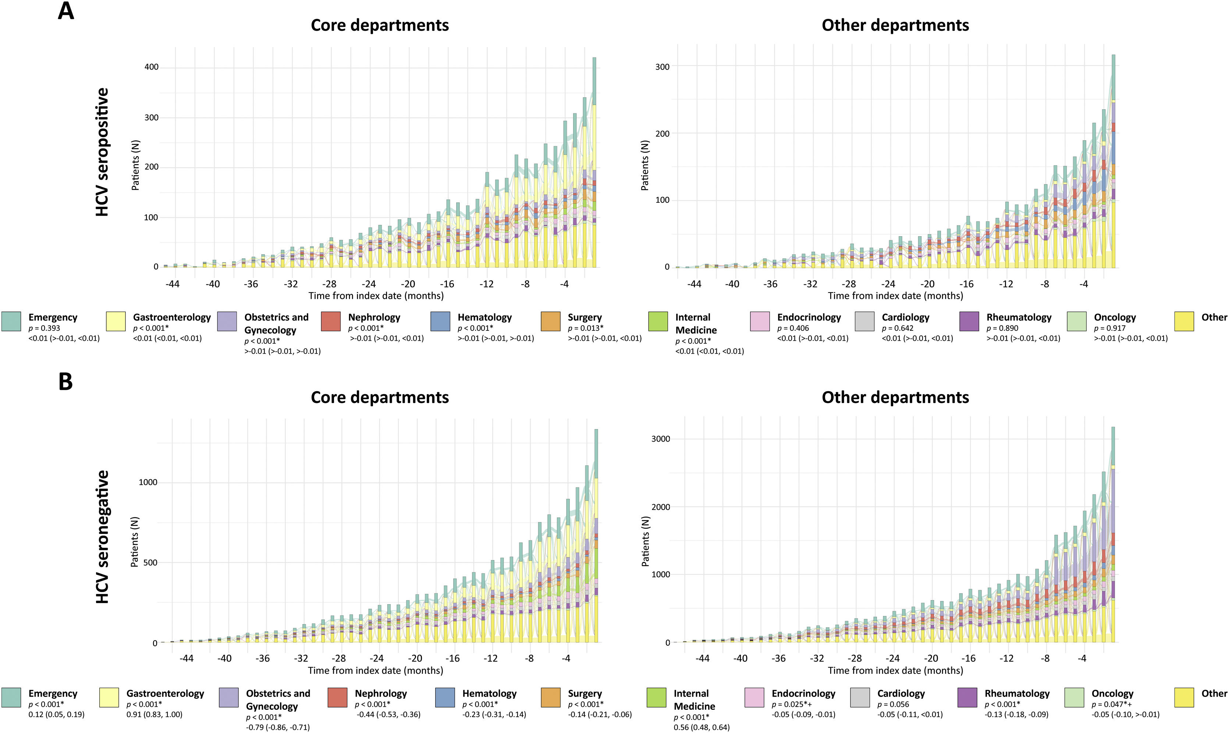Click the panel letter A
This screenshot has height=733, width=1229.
tap(66, 11)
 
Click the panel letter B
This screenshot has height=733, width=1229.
tap(66, 382)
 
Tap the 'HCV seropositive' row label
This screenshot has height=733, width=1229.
tap(102, 152)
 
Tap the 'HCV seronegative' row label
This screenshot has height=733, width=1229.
tap(102, 537)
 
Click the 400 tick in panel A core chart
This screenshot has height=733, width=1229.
tap(151, 67)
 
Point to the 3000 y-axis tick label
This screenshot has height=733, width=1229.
tap(661, 439)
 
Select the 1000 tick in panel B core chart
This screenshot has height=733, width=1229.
tap(148, 482)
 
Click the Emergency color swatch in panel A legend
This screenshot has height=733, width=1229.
tap(11, 321)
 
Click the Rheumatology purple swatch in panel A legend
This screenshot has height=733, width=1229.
tap(969, 321)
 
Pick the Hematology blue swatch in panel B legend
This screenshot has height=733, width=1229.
tap(445, 697)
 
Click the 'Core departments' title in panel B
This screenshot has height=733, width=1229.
tap(380, 398)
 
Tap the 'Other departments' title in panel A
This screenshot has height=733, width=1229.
tap(895, 25)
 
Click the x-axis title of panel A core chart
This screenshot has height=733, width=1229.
tap(376, 296)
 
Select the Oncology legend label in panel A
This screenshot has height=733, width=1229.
tap(1115, 318)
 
